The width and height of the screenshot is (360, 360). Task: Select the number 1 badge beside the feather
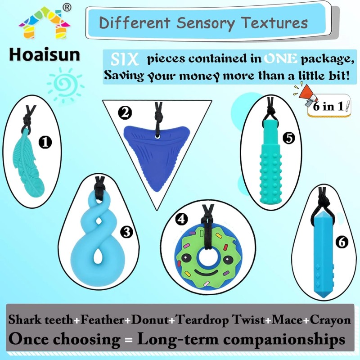pyautogui.click(x=46, y=143)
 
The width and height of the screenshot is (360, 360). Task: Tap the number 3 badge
pyautogui.click(x=128, y=232)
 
